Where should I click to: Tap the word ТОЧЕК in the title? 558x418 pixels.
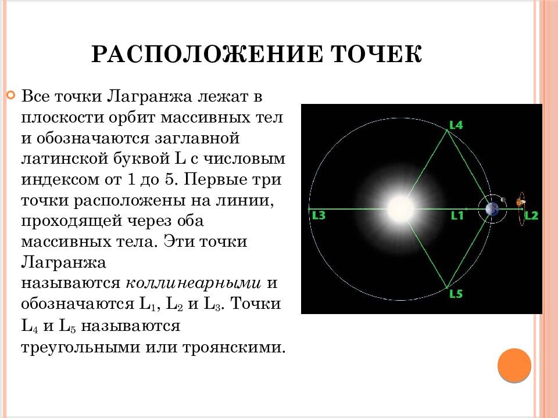tap(377, 55)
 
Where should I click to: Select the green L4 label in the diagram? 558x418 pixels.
tap(456, 124)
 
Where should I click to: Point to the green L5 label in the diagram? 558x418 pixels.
tap(456, 294)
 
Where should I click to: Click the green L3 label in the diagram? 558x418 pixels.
tap(319, 215)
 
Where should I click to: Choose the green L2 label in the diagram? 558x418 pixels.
tap(532, 215)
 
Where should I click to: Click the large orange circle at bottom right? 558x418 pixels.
tap(514, 365)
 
